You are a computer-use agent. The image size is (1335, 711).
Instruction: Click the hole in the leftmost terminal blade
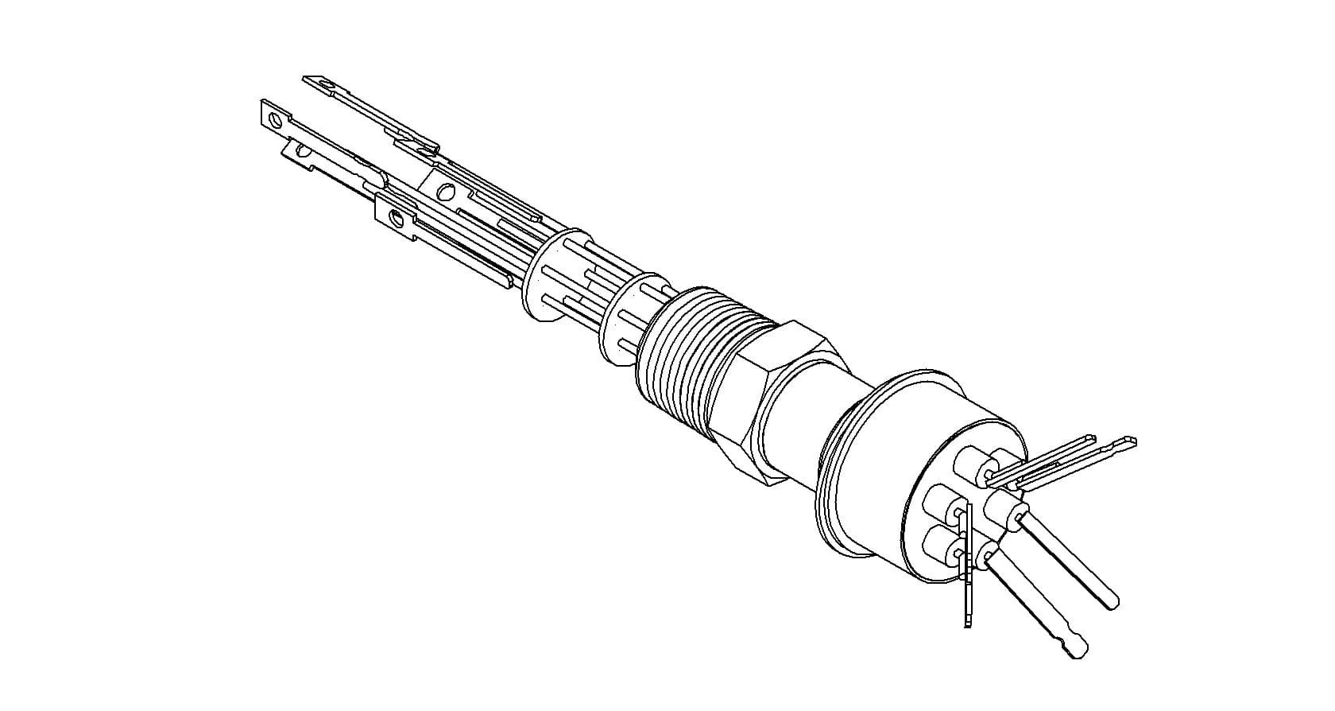(x=276, y=120)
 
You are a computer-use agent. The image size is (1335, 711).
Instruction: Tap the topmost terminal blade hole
(x=323, y=82)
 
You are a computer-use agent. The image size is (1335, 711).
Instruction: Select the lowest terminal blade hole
(x=395, y=217)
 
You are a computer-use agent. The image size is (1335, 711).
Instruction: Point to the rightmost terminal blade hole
(x=446, y=191)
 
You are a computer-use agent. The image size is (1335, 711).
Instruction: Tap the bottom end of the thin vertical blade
(x=969, y=620)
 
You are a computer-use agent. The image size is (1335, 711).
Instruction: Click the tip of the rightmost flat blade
(x=1128, y=442)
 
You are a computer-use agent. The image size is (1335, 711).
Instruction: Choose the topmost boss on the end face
(x=977, y=461)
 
